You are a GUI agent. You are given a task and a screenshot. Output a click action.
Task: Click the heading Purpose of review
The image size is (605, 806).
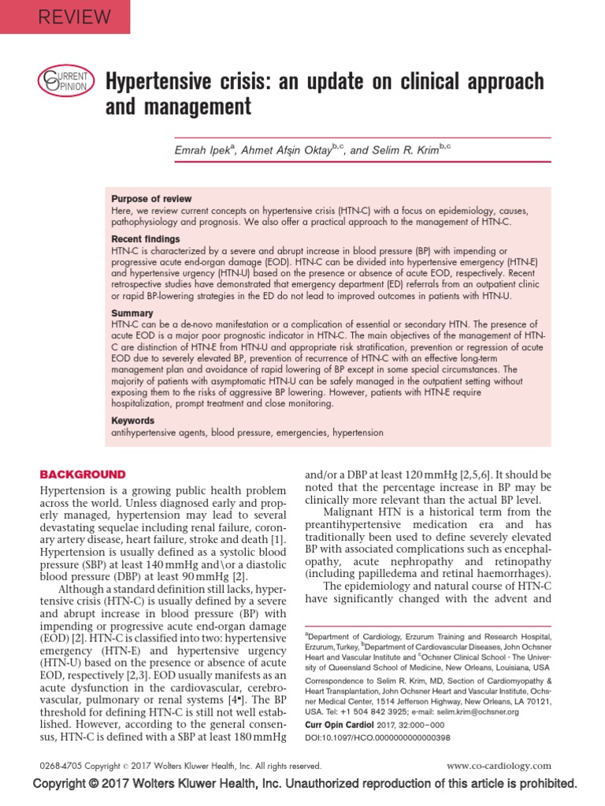(151, 199)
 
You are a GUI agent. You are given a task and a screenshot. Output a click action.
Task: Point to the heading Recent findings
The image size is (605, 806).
(146, 238)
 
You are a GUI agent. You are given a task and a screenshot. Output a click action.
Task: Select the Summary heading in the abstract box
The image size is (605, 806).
(132, 313)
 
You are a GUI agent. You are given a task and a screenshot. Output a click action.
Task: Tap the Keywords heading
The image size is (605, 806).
(133, 421)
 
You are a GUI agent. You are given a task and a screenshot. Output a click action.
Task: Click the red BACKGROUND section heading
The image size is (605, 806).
(83, 474)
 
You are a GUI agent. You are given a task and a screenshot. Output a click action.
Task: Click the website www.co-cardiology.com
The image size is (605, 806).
(499, 765)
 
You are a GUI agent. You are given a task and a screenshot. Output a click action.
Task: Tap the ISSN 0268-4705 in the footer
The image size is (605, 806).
(61, 765)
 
